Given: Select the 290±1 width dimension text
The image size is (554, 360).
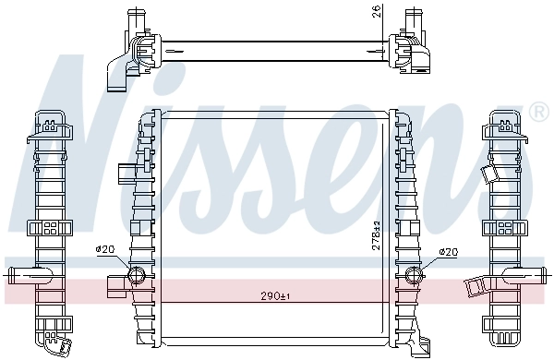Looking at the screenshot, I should click(273, 295).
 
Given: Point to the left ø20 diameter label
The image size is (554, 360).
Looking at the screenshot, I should click(104, 248).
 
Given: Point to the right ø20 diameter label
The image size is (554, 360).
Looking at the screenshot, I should click(448, 252).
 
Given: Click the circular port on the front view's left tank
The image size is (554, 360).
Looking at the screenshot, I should click(135, 273).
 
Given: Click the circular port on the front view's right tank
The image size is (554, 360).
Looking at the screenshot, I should click(414, 273).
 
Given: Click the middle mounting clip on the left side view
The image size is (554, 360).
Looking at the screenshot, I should click(48, 228).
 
